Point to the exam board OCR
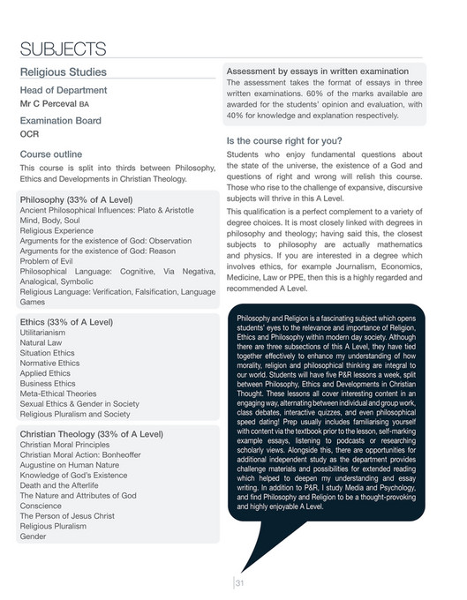click(x=29, y=134)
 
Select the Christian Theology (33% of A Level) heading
click(x=91, y=434)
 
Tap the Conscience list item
click(x=41, y=506)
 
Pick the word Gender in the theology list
click(x=33, y=536)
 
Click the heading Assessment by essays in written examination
click(x=317, y=71)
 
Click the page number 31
click(x=238, y=581)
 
